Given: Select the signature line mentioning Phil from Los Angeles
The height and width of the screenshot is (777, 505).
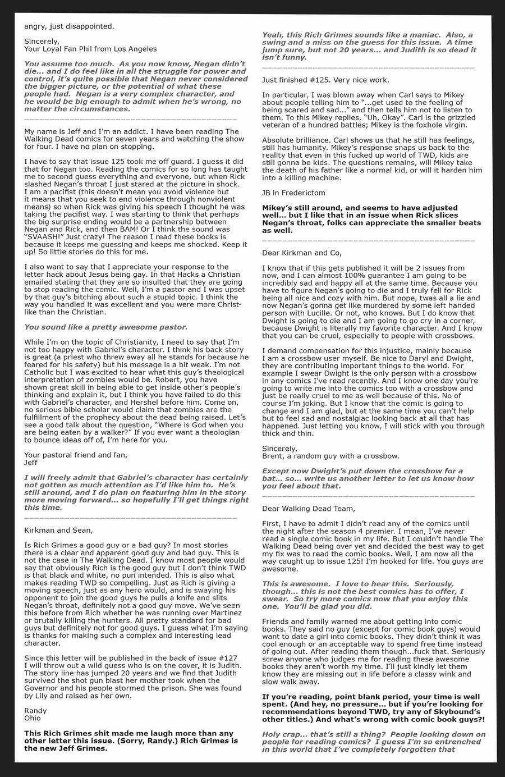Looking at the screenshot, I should pos(90,49).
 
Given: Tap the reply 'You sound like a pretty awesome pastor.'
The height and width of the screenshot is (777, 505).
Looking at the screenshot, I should pos(105,327).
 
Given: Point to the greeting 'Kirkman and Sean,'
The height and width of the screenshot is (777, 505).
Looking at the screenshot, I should pos(58,529).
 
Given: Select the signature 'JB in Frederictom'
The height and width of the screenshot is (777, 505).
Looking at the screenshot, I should pos(293,193).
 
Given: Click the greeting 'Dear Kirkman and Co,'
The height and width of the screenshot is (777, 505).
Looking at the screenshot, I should pos(301,253).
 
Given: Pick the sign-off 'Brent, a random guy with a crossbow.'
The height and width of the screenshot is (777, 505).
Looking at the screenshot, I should pos(331,456).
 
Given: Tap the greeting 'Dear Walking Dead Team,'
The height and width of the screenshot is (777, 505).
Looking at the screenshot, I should pos(309,509).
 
